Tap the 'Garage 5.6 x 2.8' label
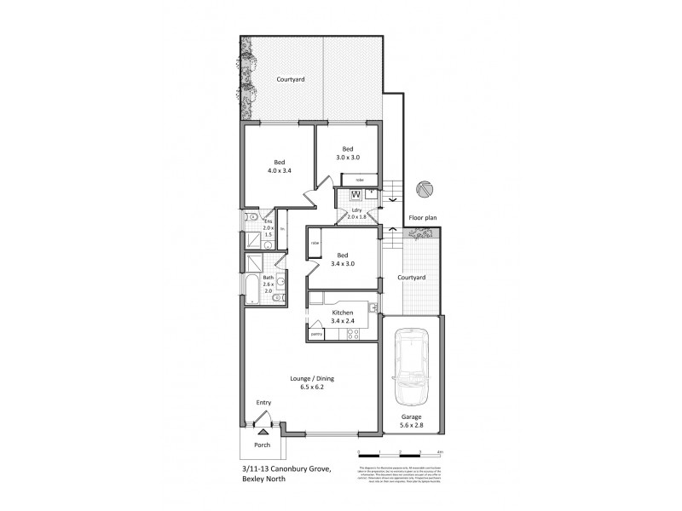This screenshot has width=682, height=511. click(x=412, y=421)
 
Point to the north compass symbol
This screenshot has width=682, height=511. click(x=425, y=190)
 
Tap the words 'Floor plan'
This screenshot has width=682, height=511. click(x=422, y=218)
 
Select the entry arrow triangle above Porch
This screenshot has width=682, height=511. click(x=263, y=433)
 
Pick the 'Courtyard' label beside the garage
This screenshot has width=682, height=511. click(x=412, y=278)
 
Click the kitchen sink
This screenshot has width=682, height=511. click(x=373, y=307)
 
